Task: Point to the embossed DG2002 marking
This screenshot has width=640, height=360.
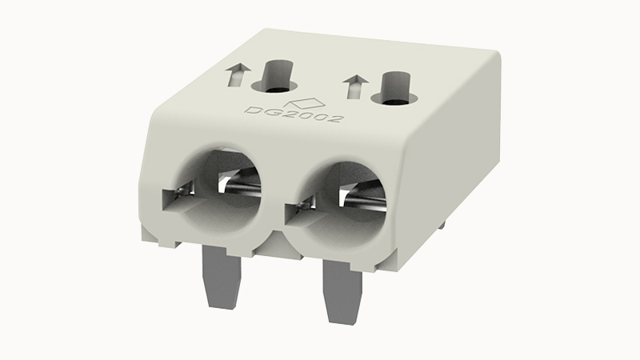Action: click(294, 114)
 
